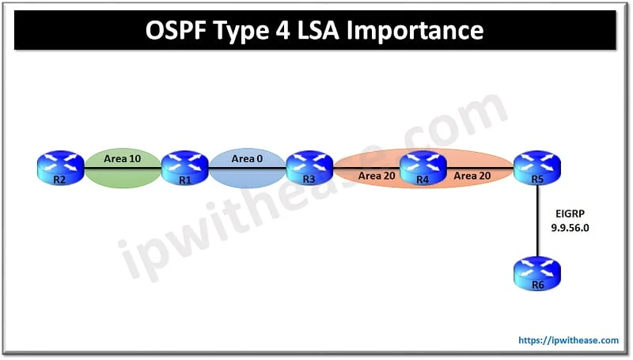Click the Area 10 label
(x=123, y=159)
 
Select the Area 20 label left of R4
(x=374, y=176)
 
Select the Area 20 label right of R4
(x=471, y=176)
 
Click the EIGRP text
(x=568, y=213)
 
